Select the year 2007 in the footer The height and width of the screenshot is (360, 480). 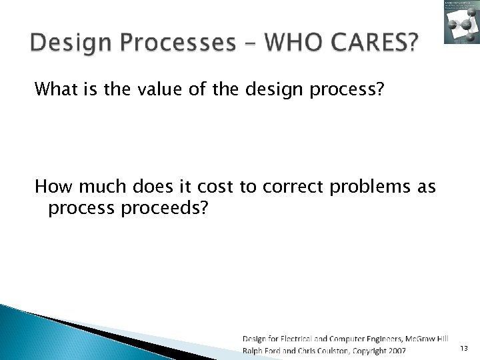(x=395, y=350)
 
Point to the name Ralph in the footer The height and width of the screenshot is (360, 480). (x=254, y=350)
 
